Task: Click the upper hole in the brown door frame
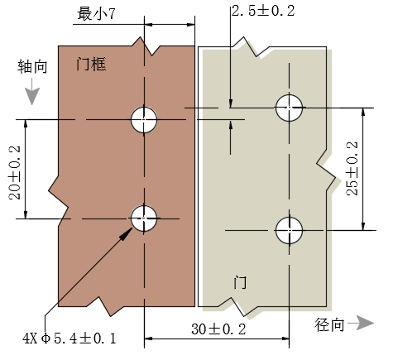point(144,120)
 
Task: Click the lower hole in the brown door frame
point(144,218)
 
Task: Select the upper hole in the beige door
point(289,108)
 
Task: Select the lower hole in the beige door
point(289,230)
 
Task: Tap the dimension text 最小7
point(96,13)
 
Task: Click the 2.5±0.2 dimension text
point(263,11)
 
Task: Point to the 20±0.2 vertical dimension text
point(15,173)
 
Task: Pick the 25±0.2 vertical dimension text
point(352,169)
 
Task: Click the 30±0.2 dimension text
point(218,329)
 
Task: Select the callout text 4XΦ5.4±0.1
point(69,338)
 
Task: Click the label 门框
point(91,65)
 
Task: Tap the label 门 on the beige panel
point(240,282)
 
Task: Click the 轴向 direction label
point(32,66)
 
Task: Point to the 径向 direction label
point(329,324)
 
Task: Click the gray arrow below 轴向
point(32,92)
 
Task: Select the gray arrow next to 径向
point(361,323)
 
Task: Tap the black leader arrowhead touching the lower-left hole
point(127,234)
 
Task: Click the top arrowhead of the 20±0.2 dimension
point(26,125)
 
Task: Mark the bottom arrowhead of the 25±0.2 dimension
point(363,225)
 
